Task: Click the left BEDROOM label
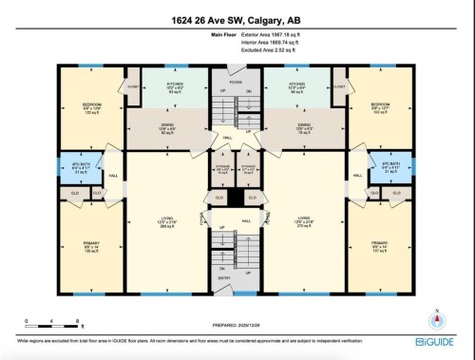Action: (92, 105)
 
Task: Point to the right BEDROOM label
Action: (382, 106)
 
